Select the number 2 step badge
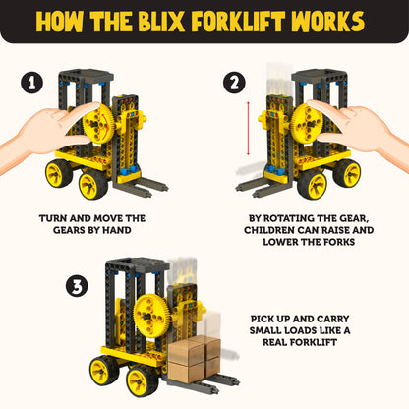[233, 84]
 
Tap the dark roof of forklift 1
[88, 75]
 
